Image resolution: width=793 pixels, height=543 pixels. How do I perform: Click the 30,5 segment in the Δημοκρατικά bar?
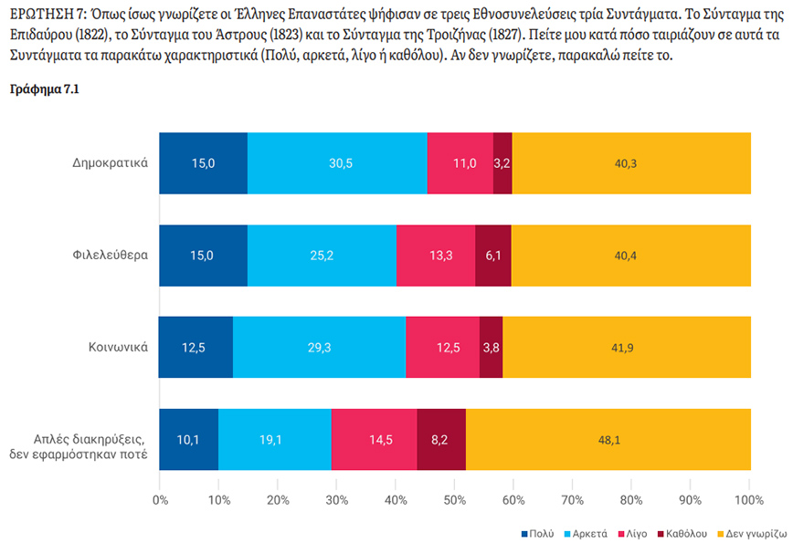coord(336,163)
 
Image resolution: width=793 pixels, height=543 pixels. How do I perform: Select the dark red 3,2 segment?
coord(502,163)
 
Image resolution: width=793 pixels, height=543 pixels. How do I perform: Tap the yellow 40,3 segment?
coord(631,163)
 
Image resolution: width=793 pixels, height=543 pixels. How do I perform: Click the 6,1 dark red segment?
coord(493,255)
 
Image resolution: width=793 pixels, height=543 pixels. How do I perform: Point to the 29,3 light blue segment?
coord(319,347)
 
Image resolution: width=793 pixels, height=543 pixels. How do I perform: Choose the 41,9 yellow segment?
coord(627,347)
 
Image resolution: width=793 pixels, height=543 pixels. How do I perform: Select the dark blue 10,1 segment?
coord(188,439)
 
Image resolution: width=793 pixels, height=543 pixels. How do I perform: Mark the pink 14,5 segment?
coord(374,439)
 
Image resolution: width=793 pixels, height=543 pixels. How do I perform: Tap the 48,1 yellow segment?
coord(608,439)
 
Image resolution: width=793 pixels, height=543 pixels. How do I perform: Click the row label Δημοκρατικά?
coord(111,163)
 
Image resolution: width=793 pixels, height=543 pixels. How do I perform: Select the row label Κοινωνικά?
coord(119,347)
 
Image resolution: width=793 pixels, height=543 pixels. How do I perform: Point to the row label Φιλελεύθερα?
coord(112,255)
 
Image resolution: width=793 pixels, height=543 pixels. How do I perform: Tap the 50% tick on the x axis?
coord(455,500)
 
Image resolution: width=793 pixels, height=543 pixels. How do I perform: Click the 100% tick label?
coord(748,500)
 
